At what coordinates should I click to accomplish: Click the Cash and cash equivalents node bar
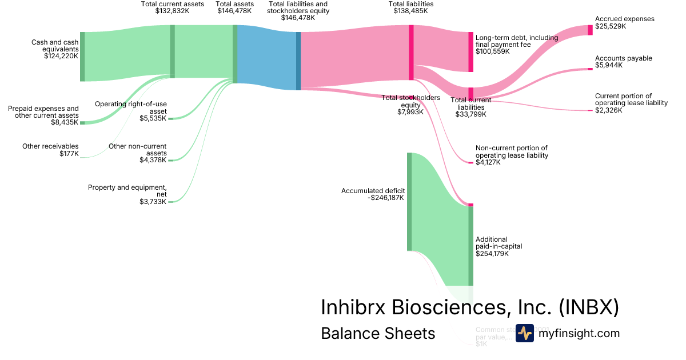click(82, 57)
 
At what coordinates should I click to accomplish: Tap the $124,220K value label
click(61, 56)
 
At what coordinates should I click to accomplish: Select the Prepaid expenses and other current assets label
click(43, 111)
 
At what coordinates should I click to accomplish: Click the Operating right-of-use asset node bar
click(170, 119)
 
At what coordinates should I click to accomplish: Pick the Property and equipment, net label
click(127, 191)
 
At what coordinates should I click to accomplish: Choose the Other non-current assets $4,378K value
click(153, 160)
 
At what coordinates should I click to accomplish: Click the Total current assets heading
click(172, 4)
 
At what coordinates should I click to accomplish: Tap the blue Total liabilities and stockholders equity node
click(298, 61)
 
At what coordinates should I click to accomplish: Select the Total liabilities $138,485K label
click(411, 7)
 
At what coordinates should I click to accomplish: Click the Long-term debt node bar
click(471, 52)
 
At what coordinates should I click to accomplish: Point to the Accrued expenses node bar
click(591, 30)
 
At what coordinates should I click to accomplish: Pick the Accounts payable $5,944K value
click(609, 65)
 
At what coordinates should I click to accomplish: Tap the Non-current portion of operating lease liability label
click(512, 151)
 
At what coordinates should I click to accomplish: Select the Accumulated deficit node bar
click(409, 202)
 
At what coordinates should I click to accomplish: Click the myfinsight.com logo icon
click(524, 333)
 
